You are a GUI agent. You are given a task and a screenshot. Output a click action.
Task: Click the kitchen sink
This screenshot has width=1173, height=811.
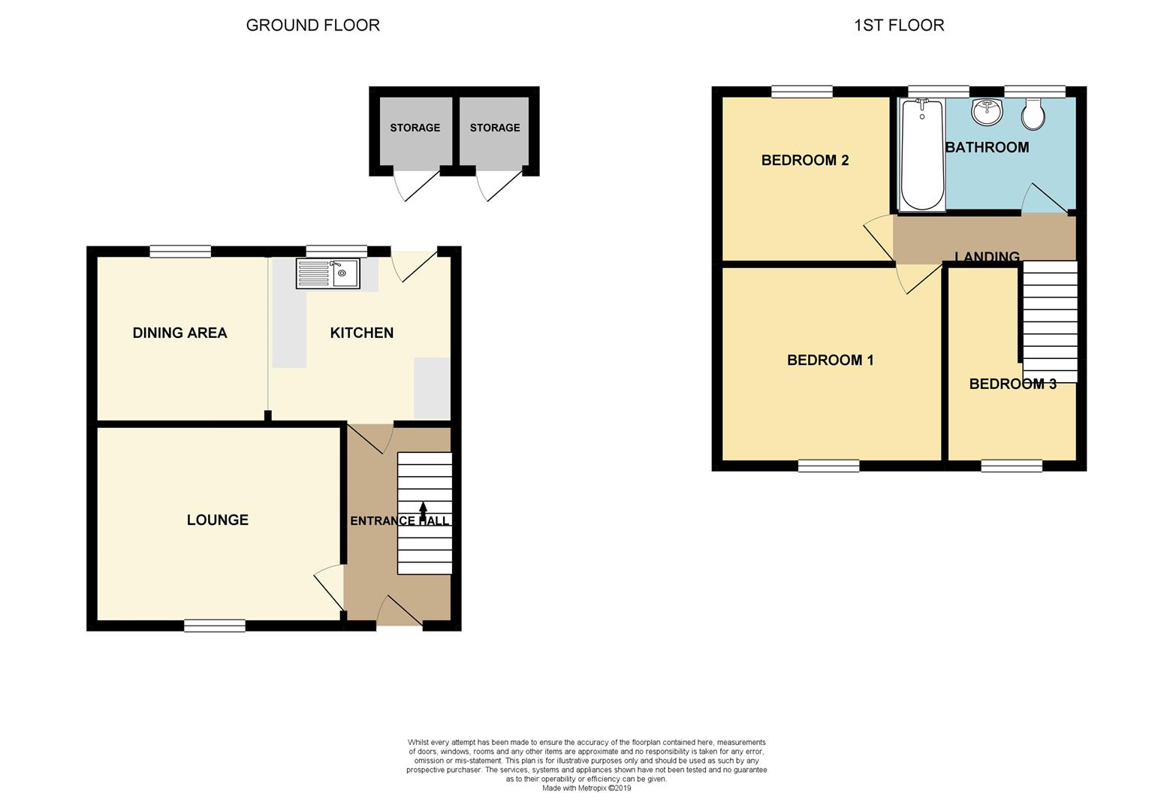[x=328, y=273]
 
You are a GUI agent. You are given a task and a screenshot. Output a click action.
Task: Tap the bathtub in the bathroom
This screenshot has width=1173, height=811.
[x=923, y=155]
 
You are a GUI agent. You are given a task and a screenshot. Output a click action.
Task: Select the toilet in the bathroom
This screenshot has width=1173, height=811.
[x=1033, y=113]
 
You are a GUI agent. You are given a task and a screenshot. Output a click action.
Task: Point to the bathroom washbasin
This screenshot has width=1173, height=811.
[x=987, y=112]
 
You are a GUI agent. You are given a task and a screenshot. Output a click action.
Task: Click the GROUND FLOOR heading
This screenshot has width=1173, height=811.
[x=312, y=25]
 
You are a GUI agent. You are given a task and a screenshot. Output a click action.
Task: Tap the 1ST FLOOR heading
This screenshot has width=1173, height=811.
[x=899, y=25]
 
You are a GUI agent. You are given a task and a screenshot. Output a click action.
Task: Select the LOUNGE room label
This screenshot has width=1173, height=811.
[x=218, y=520]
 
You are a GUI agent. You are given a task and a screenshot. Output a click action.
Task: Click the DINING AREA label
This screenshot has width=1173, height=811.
[x=179, y=333]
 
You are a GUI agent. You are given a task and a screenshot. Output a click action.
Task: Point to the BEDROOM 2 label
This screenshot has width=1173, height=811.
[x=805, y=160]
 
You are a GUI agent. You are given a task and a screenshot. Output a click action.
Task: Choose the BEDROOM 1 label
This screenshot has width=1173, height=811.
[x=830, y=360]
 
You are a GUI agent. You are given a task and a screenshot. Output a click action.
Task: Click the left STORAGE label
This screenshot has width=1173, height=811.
[x=415, y=128]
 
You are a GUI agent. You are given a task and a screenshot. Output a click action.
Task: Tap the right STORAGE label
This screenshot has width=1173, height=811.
[x=495, y=128]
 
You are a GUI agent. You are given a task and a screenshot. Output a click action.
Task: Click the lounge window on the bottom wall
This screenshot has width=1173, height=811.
[x=215, y=625]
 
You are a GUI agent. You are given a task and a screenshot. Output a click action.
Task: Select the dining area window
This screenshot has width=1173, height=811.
[x=180, y=252]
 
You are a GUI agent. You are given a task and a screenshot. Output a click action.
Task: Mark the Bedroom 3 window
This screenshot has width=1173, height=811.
[x=1012, y=466]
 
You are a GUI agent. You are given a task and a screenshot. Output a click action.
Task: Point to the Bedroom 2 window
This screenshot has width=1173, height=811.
[x=802, y=92]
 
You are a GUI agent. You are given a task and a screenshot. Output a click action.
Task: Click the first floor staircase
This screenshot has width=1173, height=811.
[x=1050, y=321]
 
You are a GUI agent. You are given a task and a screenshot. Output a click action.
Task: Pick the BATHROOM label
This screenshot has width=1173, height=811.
[x=987, y=147]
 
